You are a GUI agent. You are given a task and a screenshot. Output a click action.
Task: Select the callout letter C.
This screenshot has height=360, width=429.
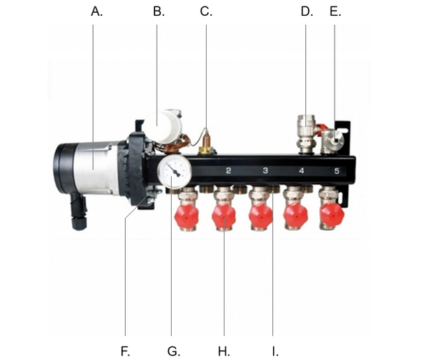206,12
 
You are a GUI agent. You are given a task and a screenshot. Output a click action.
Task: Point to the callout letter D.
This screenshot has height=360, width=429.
306,12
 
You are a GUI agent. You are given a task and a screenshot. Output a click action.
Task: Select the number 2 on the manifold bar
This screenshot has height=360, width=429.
227,171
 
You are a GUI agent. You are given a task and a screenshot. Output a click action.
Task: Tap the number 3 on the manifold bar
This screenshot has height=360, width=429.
265,171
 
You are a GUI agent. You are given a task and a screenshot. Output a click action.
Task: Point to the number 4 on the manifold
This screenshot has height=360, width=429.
301,171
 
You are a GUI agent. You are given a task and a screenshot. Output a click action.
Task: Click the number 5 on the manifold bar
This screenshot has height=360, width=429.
337,171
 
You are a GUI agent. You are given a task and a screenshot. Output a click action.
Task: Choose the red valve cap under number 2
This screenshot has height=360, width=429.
224,215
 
